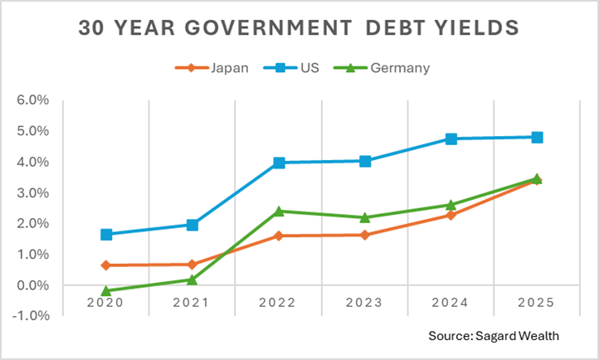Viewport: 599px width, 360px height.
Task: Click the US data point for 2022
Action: pyautogui.click(x=279, y=163)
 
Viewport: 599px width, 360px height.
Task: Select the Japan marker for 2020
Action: pyautogui.click(x=106, y=265)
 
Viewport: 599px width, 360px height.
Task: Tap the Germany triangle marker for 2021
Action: pyautogui.click(x=192, y=280)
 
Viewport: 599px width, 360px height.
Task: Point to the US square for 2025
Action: pyautogui.click(x=537, y=137)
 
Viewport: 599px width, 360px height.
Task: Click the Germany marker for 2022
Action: pyautogui.click(x=279, y=211)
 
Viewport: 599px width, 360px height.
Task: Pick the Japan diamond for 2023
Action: pyautogui.click(x=365, y=235)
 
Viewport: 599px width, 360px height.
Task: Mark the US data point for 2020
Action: pyautogui.click(x=106, y=235)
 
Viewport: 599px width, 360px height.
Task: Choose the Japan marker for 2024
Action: pyautogui.click(x=450, y=215)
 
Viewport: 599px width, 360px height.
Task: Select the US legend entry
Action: pyautogui.click(x=298, y=67)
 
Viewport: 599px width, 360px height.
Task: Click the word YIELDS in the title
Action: pyautogui.click(x=477, y=27)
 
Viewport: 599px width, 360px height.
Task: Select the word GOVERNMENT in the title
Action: pyautogui.click(x=264, y=27)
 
